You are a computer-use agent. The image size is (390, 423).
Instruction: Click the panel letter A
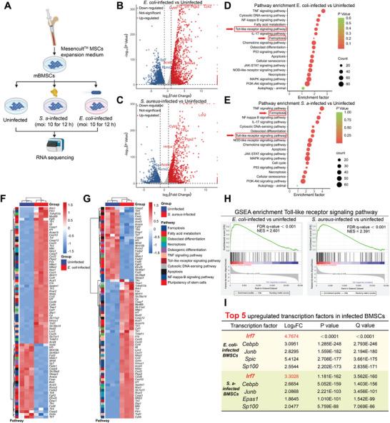point(5,6)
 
